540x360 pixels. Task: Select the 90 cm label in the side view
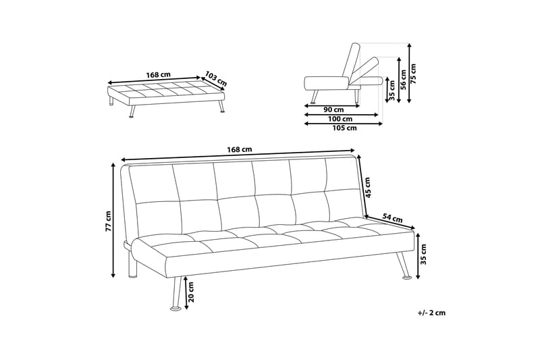(x=331, y=109)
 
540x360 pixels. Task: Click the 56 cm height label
(x=404, y=80)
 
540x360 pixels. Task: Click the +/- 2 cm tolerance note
(x=431, y=313)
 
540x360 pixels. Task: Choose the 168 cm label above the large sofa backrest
(x=239, y=149)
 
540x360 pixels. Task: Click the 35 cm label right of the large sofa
(x=425, y=256)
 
